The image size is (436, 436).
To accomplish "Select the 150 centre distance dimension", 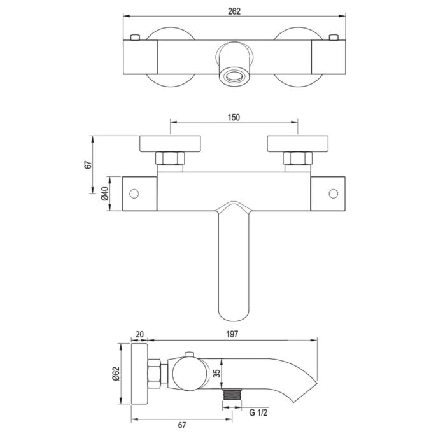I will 234,117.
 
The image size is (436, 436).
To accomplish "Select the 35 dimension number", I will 218,375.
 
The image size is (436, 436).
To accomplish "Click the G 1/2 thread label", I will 260,412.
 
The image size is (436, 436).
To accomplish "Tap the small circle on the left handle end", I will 134,193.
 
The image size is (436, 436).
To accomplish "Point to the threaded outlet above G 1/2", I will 232,397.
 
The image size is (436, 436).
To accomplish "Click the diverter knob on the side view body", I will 189,355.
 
